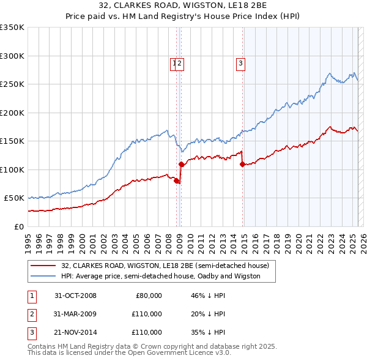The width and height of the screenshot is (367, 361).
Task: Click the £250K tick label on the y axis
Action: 12,84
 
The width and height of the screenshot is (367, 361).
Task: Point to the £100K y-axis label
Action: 12,169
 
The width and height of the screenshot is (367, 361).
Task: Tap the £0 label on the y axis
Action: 19,226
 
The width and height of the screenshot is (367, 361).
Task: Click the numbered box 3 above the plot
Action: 240,62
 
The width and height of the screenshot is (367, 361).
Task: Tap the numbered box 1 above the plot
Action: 174,62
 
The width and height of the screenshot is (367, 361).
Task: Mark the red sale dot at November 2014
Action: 243,164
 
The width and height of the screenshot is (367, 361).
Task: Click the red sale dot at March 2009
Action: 181,164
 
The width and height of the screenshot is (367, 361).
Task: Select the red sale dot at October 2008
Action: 177,181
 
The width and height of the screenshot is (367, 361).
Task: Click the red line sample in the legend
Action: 43,266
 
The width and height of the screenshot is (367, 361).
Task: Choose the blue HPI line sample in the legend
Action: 43,276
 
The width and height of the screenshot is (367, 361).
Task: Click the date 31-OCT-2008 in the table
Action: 75,296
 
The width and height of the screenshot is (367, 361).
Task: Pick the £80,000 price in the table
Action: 149,296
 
